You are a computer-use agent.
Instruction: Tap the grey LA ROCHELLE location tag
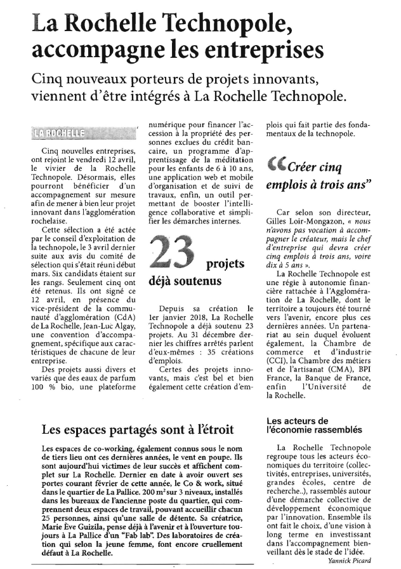[60, 133]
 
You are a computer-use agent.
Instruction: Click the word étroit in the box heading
[213, 429]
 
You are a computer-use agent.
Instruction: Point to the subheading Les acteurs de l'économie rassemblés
[315, 425]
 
